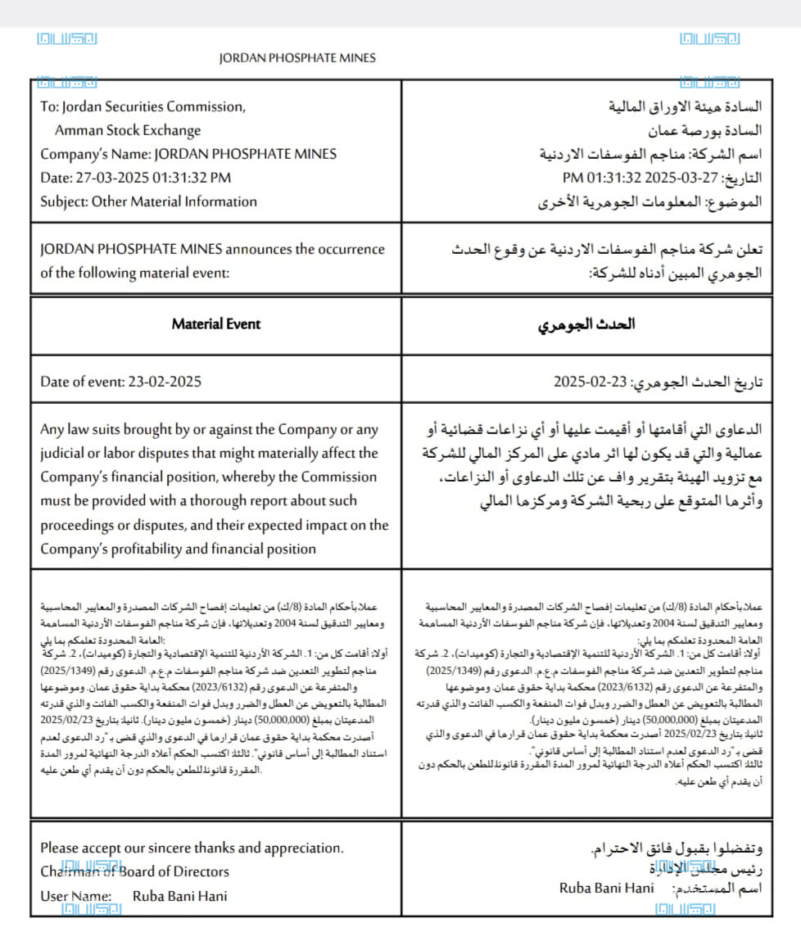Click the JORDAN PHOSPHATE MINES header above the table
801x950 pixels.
(297, 58)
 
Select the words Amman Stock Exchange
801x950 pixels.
(128, 130)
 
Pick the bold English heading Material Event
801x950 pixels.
(216, 323)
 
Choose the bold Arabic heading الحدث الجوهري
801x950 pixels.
(586, 324)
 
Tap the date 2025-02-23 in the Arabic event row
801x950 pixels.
(590, 382)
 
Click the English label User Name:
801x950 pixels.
(75, 896)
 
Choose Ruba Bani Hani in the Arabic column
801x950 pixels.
(607, 889)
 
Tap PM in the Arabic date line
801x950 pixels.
(572, 178)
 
